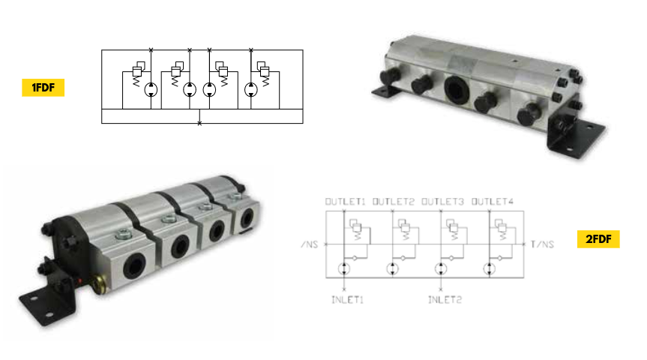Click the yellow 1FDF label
pyautogui.click(x=43, y=88)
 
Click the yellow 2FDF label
pyautogui.click(x=598, y=239)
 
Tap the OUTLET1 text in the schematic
pyautogui.click(x=346, y=202)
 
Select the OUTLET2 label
pyautogui.click(x=394, y=202)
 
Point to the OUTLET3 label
pyautogui.click(x=442, y=202)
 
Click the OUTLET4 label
pyautogui.click(x=493, y=202)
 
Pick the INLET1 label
pyautogui.click(x=347, y=300)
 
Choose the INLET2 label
pyautogui.click(x=445, y=300)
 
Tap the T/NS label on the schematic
pyautogui.click(x=542, y=244)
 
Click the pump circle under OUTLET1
pyautogui.click(x=344, y=269)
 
